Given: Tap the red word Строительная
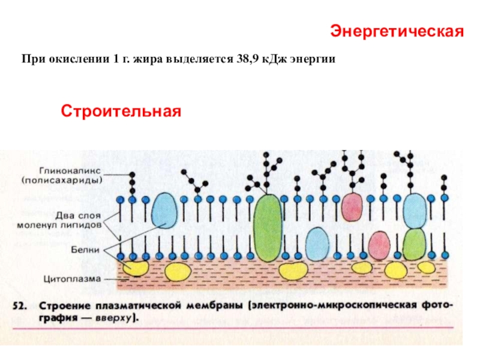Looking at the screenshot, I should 121,111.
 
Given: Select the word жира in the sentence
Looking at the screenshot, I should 146,61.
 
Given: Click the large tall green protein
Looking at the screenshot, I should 268,227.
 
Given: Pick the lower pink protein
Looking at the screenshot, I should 379,245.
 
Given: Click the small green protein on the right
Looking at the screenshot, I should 414,244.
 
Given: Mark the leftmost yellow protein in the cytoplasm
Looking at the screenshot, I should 135,268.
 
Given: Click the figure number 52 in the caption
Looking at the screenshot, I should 20,305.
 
